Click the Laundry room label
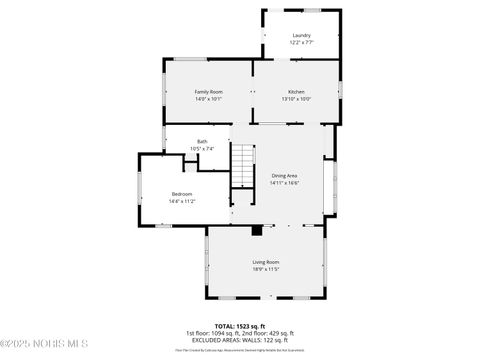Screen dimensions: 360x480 click(x=301, y=35)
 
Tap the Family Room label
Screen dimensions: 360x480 click(x=208, y=92)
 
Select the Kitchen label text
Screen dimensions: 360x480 click(x=297, y=92)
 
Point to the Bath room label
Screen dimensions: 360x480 click(x=202, y=142)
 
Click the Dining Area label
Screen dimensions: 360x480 click(x=284, y=176)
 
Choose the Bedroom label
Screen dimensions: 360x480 click(x=181, y=194)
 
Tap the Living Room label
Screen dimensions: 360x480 click(x=265, y=262)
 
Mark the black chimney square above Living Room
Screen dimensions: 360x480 click(x=258, y=230)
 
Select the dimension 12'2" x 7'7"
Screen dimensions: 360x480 click(x=301, y=43)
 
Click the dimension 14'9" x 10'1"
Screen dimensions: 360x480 click(x=208, y=99)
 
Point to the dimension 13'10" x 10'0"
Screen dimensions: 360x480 click(x=297, y=99)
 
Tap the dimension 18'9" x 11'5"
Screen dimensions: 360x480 click(x=265, y=269)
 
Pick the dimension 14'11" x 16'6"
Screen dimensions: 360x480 click(x=284, y=183)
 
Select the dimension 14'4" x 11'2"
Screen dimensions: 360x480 click(x=181, y=201)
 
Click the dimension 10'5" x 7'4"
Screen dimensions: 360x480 click(x=202, y=149)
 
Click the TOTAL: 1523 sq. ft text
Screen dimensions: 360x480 click(x=239, y=326)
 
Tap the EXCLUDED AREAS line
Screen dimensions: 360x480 click(x=239, y=339)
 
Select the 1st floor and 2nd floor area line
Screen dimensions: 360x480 click(x=239, y=333)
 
